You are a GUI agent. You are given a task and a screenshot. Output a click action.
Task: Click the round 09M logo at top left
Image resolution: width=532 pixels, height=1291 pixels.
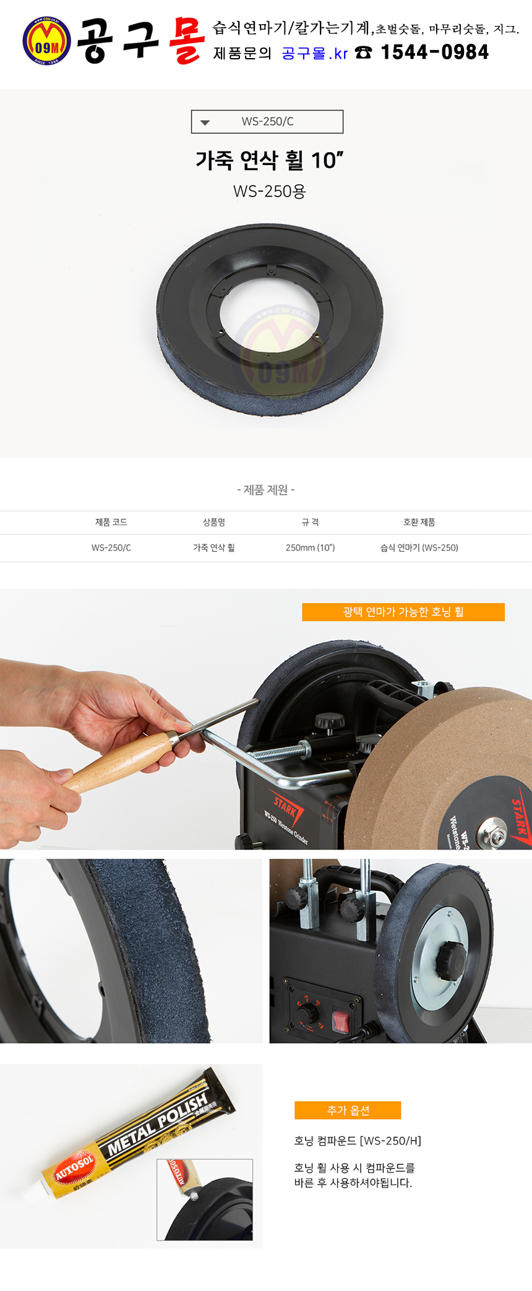(x=46, y=41)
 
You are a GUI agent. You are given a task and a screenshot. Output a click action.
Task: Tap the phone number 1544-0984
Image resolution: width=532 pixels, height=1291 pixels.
(x=435, y=53)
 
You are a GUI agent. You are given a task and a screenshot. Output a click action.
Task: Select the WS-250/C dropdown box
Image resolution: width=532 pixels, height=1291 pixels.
(x=267, y=122)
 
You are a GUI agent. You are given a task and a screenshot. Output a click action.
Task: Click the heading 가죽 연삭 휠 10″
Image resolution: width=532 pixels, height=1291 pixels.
(x=269, y=160)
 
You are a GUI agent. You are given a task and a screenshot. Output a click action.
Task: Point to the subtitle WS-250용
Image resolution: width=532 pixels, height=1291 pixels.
(x=270, y=192)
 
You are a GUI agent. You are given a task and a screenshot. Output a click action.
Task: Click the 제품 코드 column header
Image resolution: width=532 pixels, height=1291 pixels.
(x=111, y=522)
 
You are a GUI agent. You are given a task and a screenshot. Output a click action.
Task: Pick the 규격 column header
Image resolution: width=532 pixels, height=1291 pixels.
(x=311, y=522)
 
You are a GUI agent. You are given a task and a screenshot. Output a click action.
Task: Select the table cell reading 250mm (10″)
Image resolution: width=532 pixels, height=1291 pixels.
(x=311, y=548)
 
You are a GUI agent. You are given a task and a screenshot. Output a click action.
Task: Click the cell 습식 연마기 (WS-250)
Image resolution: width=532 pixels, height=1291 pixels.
(x=419, y=548)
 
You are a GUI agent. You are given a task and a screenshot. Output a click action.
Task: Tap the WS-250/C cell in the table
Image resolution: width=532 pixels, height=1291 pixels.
(x=111, y=548)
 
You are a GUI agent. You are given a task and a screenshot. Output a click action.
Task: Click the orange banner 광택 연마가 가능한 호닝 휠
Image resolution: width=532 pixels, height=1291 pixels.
(x=403, y=612)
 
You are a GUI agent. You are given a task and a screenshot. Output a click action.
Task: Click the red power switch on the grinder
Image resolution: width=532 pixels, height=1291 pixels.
(x=340, y=1021)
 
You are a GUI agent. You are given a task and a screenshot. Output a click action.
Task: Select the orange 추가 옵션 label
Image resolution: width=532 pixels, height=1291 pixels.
(x=348, y=1110)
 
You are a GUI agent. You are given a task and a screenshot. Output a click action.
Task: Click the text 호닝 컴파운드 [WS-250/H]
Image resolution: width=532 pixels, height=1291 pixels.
(x=358, y=1141)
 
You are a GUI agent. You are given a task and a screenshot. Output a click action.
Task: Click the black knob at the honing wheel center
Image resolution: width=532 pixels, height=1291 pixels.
(x=450, y=959)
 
